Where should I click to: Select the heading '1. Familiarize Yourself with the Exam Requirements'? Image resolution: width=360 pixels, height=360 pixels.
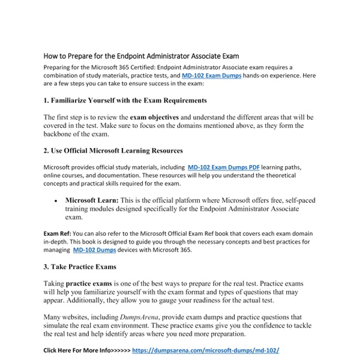pos(125,100)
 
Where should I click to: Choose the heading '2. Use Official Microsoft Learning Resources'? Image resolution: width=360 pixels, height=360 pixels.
pos(113,151)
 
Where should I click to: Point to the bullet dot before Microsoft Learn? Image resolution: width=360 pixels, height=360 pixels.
pos(56,200)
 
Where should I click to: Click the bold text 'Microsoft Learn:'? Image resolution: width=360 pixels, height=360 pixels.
pos(92,200)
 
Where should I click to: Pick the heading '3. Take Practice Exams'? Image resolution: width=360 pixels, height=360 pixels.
pos(80,266)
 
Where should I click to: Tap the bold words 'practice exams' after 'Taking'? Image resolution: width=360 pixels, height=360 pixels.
pos(90,283)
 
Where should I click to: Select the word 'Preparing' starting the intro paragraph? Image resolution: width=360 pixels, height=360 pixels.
pos(58,68)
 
